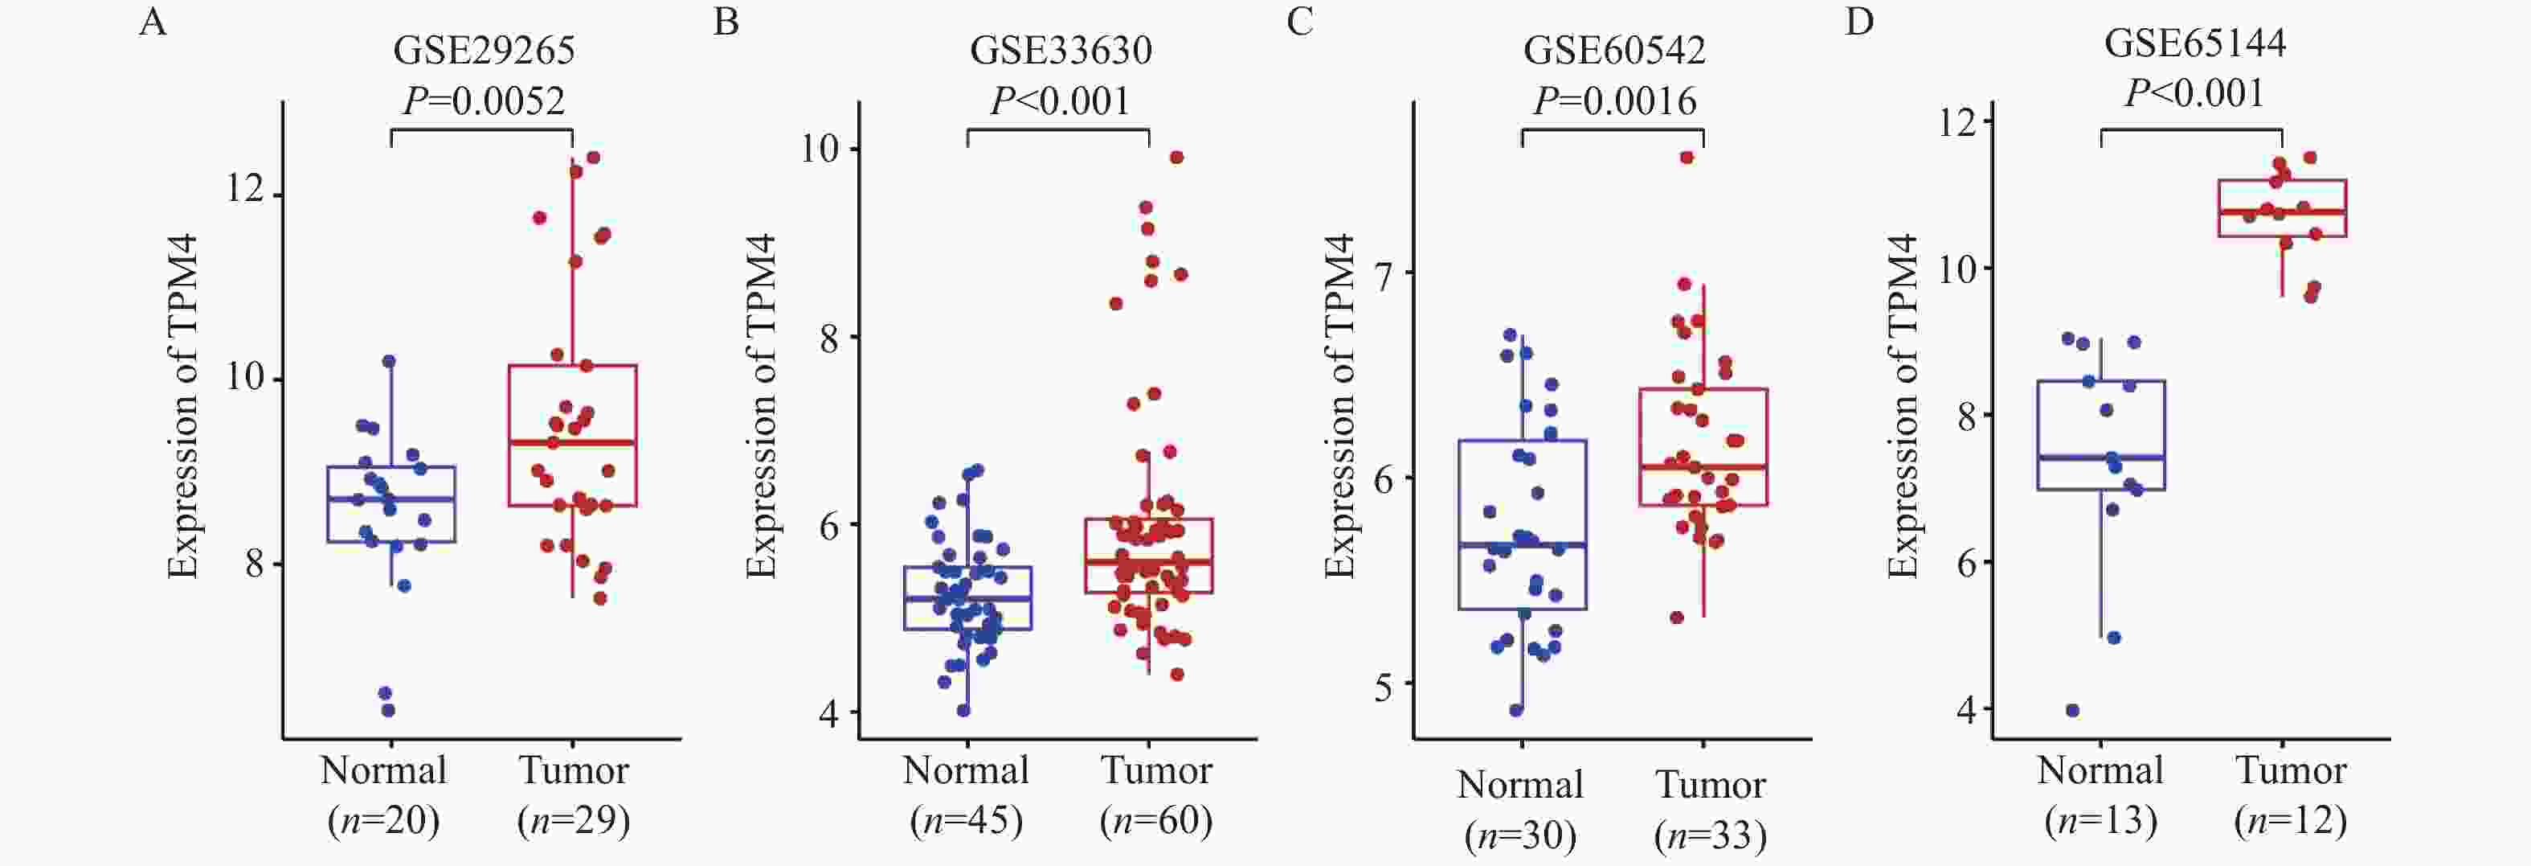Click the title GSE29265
tap(484, 50)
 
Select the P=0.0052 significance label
tap(484, 101)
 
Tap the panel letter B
tap(726, 22)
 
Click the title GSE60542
tap(1613, 50)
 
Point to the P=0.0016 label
tap(1615, 101)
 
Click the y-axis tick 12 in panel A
tap(244, 187)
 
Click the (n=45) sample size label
tap(966, 821)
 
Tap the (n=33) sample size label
tap(1710, 835)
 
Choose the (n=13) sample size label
tap(2100, 821)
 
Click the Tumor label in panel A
tap(574, 770)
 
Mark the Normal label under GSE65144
tap(2100, 770)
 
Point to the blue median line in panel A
tap(391, 499)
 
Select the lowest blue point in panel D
tap(2072, 711)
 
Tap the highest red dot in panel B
tap(1176, 158)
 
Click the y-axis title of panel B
tap(762, 406)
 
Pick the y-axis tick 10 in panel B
tap(820, 150)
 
